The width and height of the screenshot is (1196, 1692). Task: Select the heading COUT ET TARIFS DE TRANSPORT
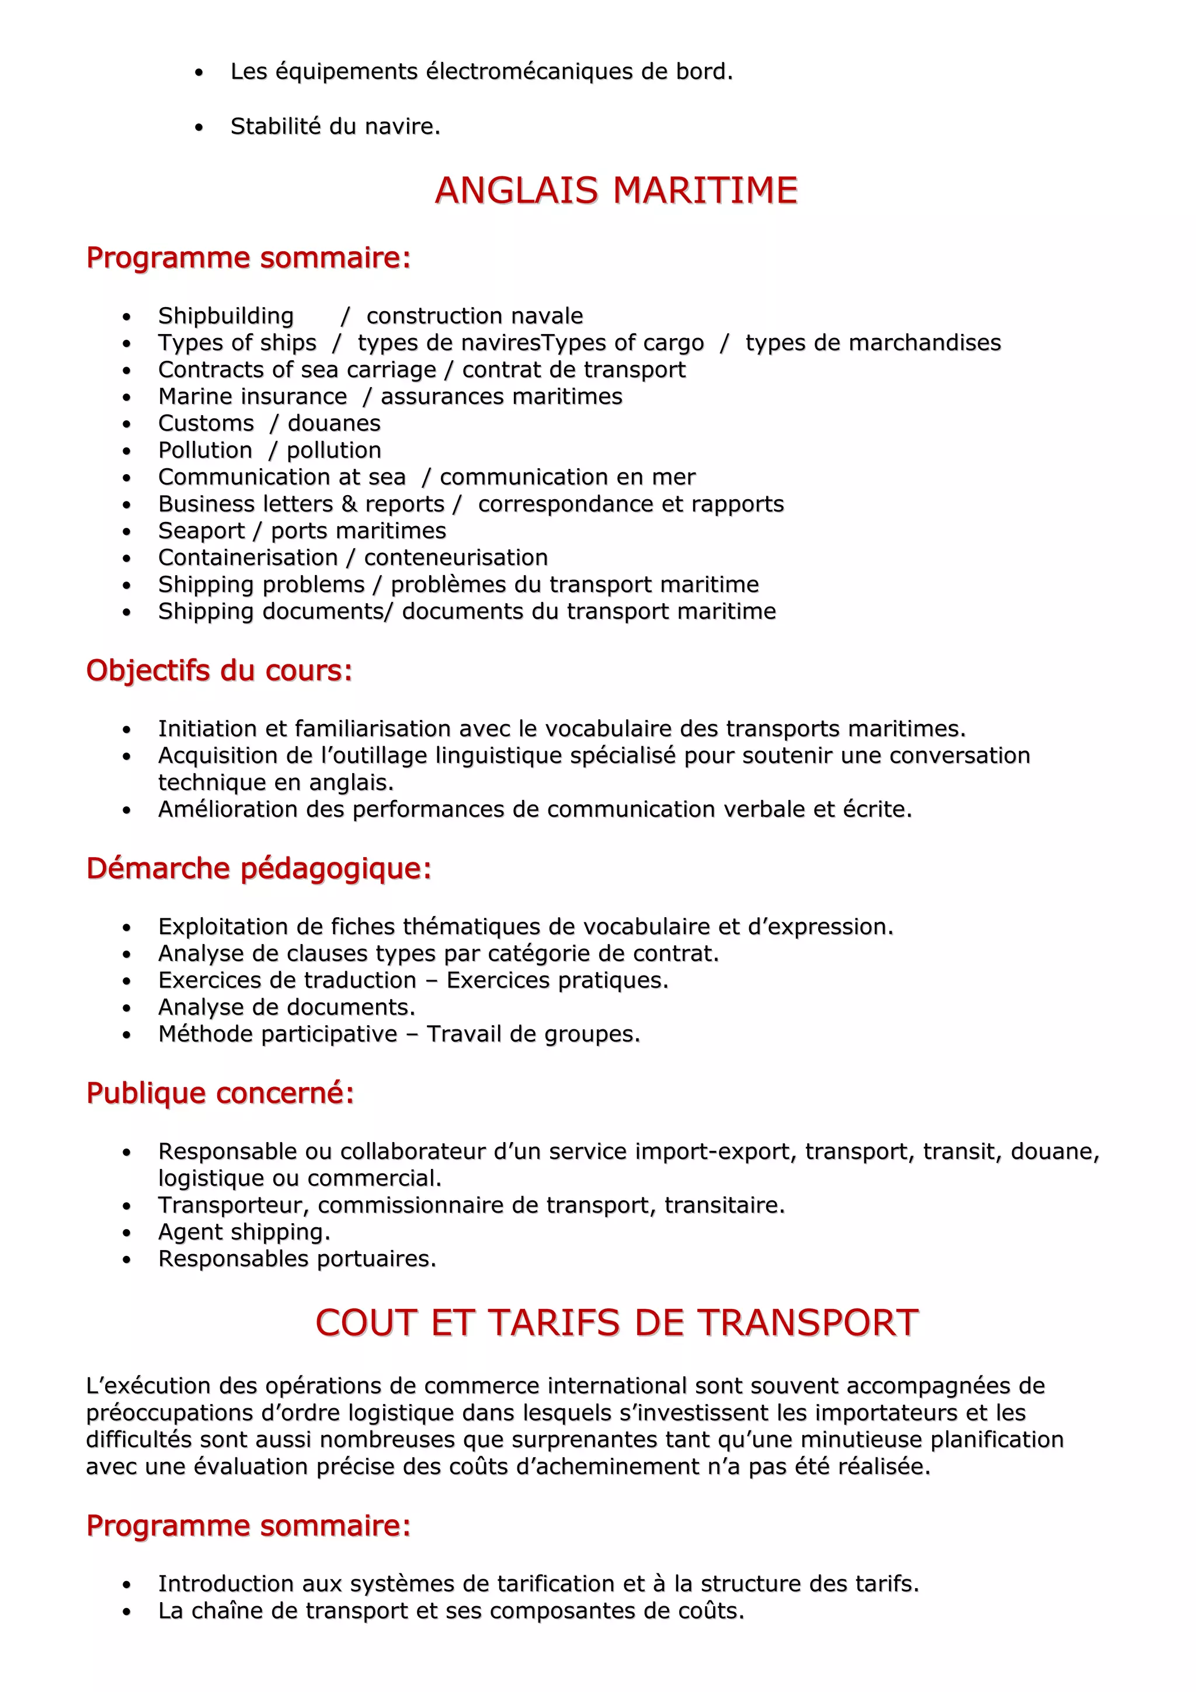[616, 1323]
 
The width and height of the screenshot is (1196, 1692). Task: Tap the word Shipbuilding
[225, 316]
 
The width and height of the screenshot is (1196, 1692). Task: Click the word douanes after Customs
[334, 424]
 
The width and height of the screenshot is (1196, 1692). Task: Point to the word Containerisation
[248, 558]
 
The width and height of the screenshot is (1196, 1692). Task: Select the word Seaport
[201, 531]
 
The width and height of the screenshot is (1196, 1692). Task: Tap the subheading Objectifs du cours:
[220, 671]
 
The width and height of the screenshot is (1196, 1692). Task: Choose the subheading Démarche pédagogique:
[259, 868]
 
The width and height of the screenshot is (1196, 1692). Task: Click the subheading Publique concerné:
[220, 1093]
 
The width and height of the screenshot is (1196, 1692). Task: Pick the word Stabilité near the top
[276, 127]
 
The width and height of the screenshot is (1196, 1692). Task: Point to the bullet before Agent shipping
[127, 1233]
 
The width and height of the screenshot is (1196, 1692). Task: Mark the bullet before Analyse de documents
[127, 1008]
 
